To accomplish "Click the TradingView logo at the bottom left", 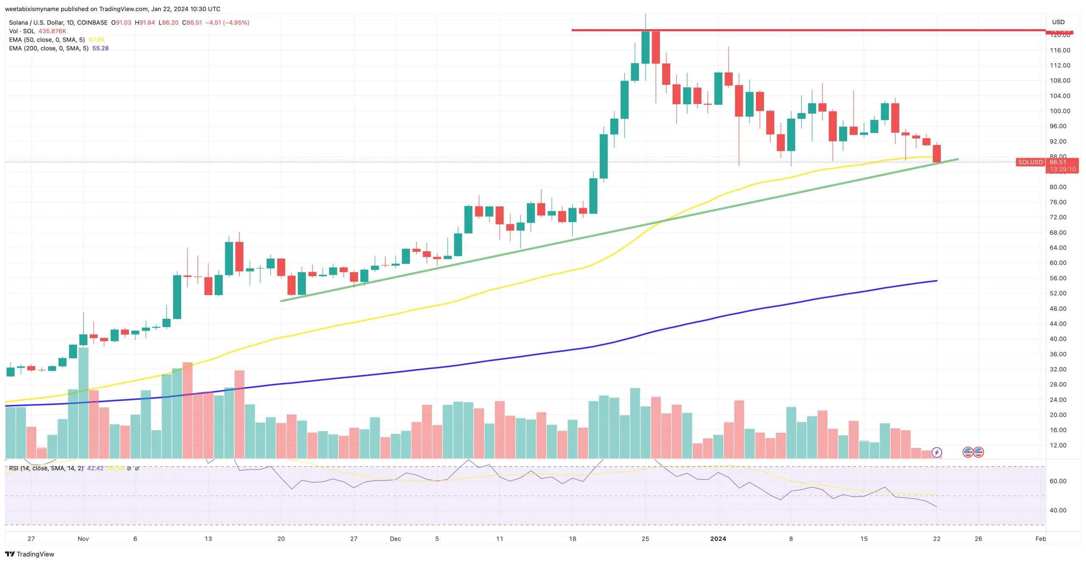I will pyautogui.click(x=30, y=554).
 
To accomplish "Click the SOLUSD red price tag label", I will pyautogui.click(x=1030, y=162).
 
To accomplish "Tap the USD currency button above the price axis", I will pyautogui.click(x=1058, y=22).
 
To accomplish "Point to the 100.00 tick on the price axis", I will pyautogui.click(x=1060, y=111).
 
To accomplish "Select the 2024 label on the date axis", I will pyautogui.click(x=718, y=538).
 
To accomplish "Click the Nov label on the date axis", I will pyautogui.click(x=83, y=538).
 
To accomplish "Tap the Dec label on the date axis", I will pyautogui.click(x=395, y=538).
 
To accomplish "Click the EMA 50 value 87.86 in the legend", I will pyautogui.click(x=96, y=40).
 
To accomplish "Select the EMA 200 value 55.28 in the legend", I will pyautogui.click(x=101, y=48).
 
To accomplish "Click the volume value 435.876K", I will pyautogui.click(x=52, y=31).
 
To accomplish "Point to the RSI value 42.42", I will pyautogui.click(x=95, y=468).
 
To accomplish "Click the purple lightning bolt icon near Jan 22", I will pyautogui.click(x=936, y=452).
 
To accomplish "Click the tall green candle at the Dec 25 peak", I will pyautogui.click(x=645, y=47).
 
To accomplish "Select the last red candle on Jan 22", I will pyautogui.click(x=937, y=153).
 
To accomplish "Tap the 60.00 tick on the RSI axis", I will pyautogui.click(x=1058, y=481).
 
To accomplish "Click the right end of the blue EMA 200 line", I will pyautogui.click(x=936, y=281).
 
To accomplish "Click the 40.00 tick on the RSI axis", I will pyautogui.click(x=1058, y=510).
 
